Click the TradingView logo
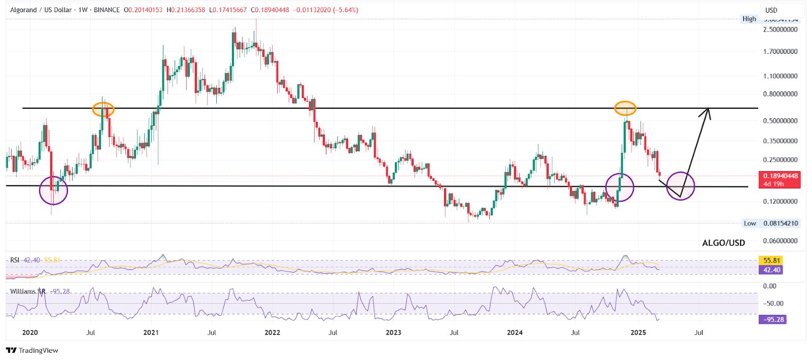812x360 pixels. pos(32,350)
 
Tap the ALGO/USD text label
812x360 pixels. pos(723,243)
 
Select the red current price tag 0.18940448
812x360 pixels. pos(781,176)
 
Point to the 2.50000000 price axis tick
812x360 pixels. pos(780,29)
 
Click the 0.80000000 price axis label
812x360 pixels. pos(780,94)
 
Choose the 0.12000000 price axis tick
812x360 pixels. pos(780,202)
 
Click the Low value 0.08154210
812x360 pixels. pos(781,223)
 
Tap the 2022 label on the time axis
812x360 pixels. pos(272,333)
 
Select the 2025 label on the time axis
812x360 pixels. pos(638,333)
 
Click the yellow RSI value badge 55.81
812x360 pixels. pos(771,260)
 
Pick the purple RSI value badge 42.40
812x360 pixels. pos(771,270)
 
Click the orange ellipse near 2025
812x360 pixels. pos(625,108)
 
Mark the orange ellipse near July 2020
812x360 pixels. pos(103,109)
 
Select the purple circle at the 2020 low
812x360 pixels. pos(53,190)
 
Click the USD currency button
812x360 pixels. pos(772,10)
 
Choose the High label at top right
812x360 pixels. pos(749,19)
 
